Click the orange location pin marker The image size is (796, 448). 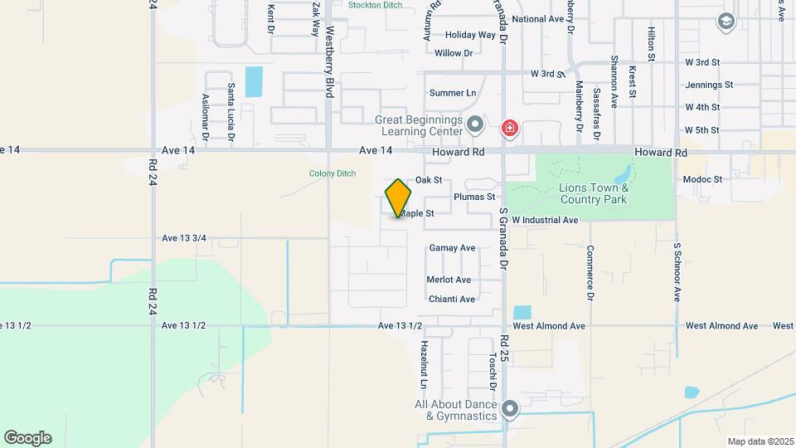[x=398, y=198]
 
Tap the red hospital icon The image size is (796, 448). [x=509, y=129]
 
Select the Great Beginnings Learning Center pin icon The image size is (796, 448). [x=475, y=126]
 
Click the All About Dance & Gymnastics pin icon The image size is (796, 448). [x=510, y=409]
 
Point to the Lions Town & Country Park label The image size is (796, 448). [x=594, y=193]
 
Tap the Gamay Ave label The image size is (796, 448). [x=452, y=248]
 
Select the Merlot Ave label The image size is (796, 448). [x=449, y=280]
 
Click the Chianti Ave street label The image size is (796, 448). [x=451, y=299]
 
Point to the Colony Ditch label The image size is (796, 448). [x=332, y=173]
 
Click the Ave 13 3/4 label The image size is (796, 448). [x=184, y=238]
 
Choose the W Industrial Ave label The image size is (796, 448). [x=545, y=220]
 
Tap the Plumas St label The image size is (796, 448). [x=474, y=197]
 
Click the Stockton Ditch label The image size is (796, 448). [x=375, y=5]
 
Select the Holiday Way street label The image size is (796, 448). [x=470, y=35]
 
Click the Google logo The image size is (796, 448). [x=27, y=437]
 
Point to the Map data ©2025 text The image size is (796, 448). [x=760, y=441]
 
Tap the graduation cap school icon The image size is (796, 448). [x=727, y=22]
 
